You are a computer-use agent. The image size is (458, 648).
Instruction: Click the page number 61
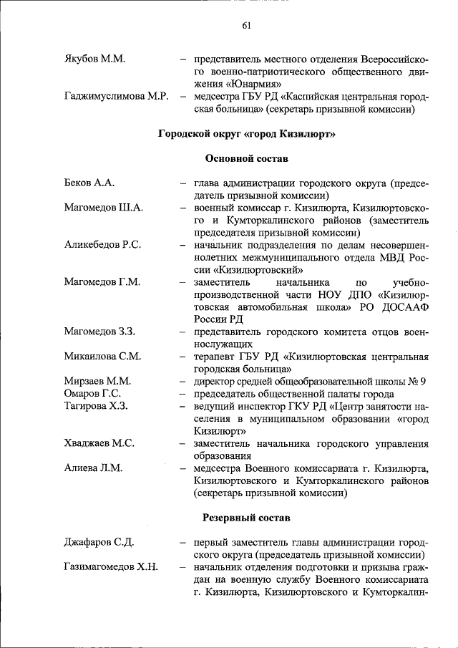246,26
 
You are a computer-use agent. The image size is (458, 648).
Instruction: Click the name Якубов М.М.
94,59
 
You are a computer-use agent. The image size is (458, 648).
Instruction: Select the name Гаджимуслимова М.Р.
116,97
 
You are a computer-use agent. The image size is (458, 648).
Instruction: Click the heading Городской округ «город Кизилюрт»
246,134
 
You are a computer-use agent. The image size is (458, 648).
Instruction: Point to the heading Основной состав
246,158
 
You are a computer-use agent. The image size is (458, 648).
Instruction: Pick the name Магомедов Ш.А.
104,208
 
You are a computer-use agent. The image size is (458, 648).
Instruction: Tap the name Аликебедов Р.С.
102,245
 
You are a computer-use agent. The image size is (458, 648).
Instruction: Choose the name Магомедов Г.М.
102,282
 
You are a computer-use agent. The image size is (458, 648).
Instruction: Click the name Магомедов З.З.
100,332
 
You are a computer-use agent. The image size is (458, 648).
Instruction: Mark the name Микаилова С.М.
102,357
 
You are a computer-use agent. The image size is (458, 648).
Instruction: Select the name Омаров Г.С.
92,394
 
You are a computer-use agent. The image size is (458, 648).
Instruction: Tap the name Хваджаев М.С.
99,443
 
